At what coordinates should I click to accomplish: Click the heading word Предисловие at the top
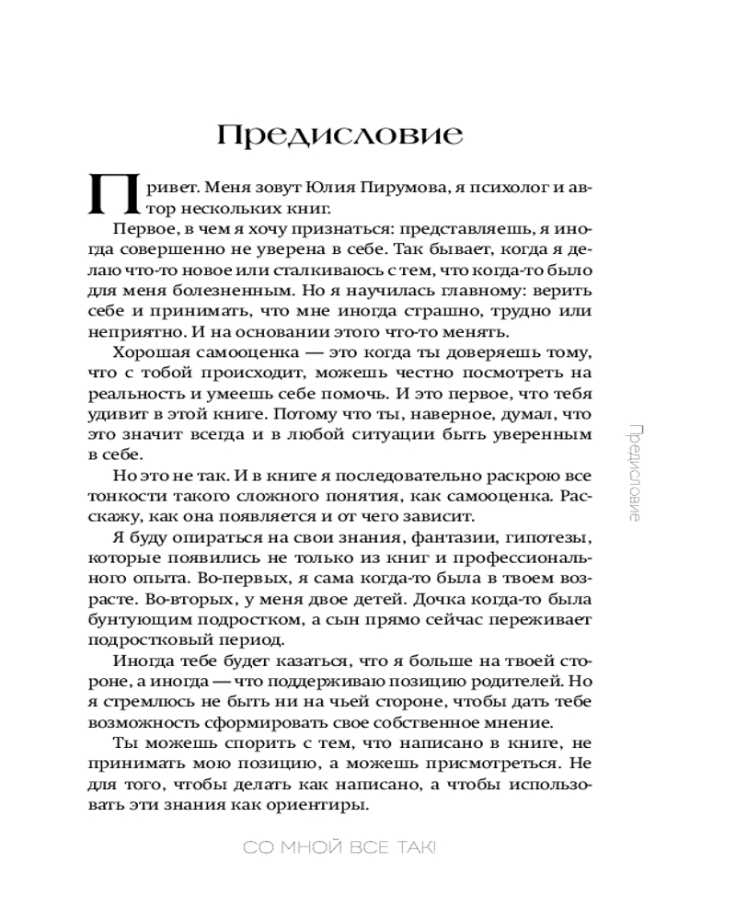[x=339, y=134]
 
